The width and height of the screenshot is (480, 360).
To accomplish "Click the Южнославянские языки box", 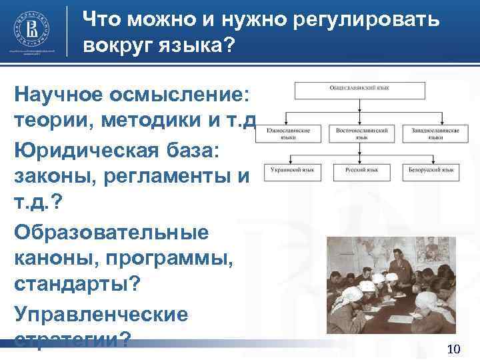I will click(x=289, y=134).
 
